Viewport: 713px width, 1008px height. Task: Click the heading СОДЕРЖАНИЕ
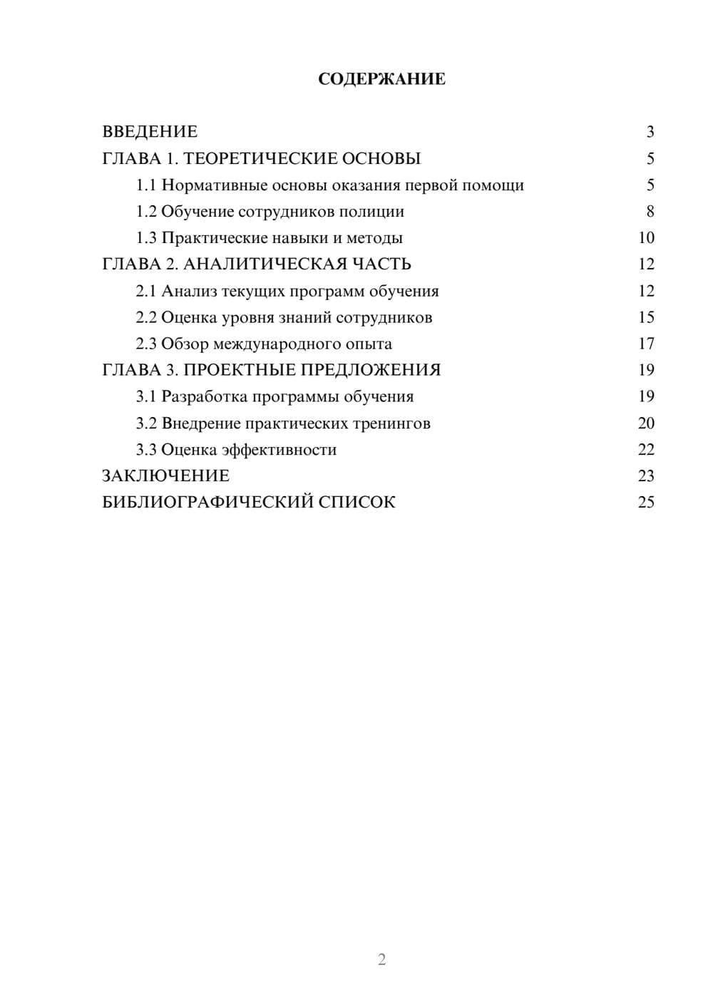point(381,79)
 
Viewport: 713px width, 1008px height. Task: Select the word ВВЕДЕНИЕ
point(150,132)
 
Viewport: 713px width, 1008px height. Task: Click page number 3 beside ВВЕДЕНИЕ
point(650,132)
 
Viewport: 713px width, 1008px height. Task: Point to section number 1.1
point(145,185)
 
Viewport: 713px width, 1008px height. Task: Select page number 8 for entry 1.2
point(650,212)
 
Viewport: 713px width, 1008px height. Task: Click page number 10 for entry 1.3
point(646,238)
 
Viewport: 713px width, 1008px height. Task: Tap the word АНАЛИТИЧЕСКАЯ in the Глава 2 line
point(265,264)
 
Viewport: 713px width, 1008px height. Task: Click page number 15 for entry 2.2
point(646,317)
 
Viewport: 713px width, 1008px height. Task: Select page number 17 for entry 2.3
point(646,344)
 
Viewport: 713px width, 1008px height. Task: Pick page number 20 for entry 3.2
point(646,423)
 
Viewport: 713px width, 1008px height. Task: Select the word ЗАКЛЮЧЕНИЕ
point(165,476)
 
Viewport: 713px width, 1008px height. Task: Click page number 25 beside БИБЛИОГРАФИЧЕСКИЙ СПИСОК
point(646,503)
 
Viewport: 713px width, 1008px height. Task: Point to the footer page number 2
point(381,960)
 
